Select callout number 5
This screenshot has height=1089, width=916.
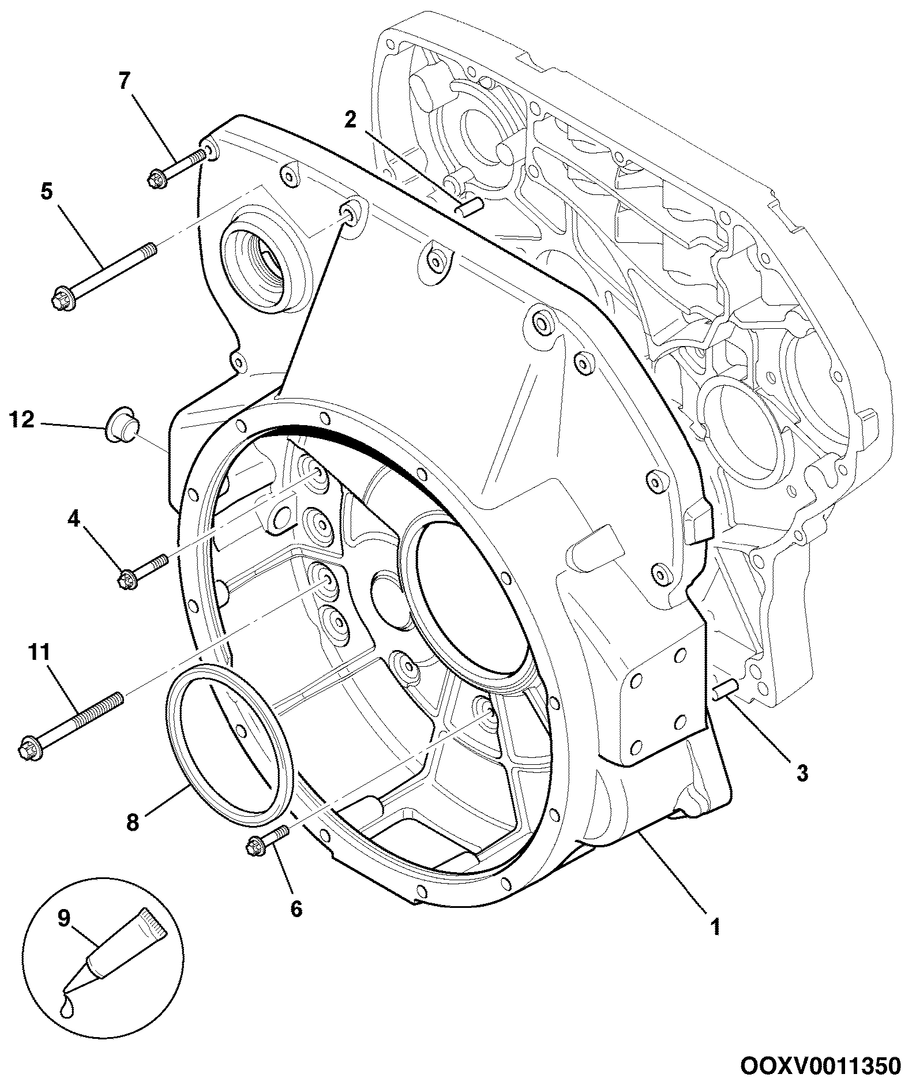coord(46,191)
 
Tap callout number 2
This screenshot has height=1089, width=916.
coord(351,119)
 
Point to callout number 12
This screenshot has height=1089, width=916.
coord(22,419)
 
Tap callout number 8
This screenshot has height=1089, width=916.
coord(133,822)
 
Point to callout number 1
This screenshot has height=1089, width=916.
coord(715,927)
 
